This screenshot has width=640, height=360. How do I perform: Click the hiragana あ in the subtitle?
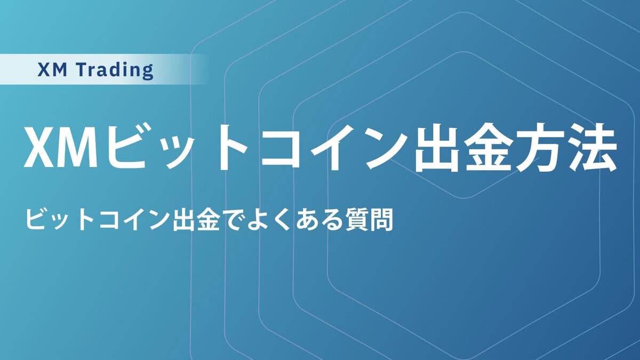pos(306,220)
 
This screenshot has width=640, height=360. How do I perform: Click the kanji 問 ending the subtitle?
pos(381,220)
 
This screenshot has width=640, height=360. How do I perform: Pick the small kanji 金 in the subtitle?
pos(209,220)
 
